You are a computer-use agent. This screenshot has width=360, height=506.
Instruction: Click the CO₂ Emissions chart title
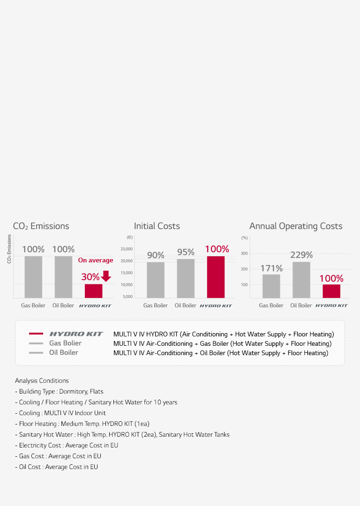point(41,226)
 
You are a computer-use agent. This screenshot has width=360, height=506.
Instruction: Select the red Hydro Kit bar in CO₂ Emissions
point(93,290)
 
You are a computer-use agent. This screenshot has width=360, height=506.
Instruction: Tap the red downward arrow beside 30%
point(106,276)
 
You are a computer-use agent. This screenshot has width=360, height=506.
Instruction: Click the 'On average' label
point(96,260)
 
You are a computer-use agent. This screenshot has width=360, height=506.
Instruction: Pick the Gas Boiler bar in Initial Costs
point(156,280)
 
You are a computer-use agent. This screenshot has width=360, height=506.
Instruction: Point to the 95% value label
point(186,253)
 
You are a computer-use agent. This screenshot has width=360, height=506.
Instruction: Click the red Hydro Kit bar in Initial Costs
point(216,276)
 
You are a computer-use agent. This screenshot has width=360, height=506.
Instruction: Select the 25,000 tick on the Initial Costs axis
point(127,249)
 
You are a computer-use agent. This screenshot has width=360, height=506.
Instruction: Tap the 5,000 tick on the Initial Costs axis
point(128,297)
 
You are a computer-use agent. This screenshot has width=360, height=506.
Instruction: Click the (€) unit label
point(129,238)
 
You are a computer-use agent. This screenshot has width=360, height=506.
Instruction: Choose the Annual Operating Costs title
point(296,226)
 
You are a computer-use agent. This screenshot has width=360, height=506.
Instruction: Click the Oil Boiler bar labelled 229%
point(301,280)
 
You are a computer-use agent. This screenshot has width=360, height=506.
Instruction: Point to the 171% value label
point(271,268)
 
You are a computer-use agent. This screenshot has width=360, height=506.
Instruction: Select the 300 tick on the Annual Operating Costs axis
point(244,253)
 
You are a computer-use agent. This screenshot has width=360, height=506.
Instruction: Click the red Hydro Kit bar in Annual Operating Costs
point(331,291)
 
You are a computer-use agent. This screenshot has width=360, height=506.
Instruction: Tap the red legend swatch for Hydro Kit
point(36,334)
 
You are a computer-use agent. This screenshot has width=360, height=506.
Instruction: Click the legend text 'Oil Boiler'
point(64,352)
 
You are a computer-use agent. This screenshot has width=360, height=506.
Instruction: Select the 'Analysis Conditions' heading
point(42,380)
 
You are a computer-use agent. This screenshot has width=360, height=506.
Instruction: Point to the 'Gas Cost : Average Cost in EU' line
point(60,456)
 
